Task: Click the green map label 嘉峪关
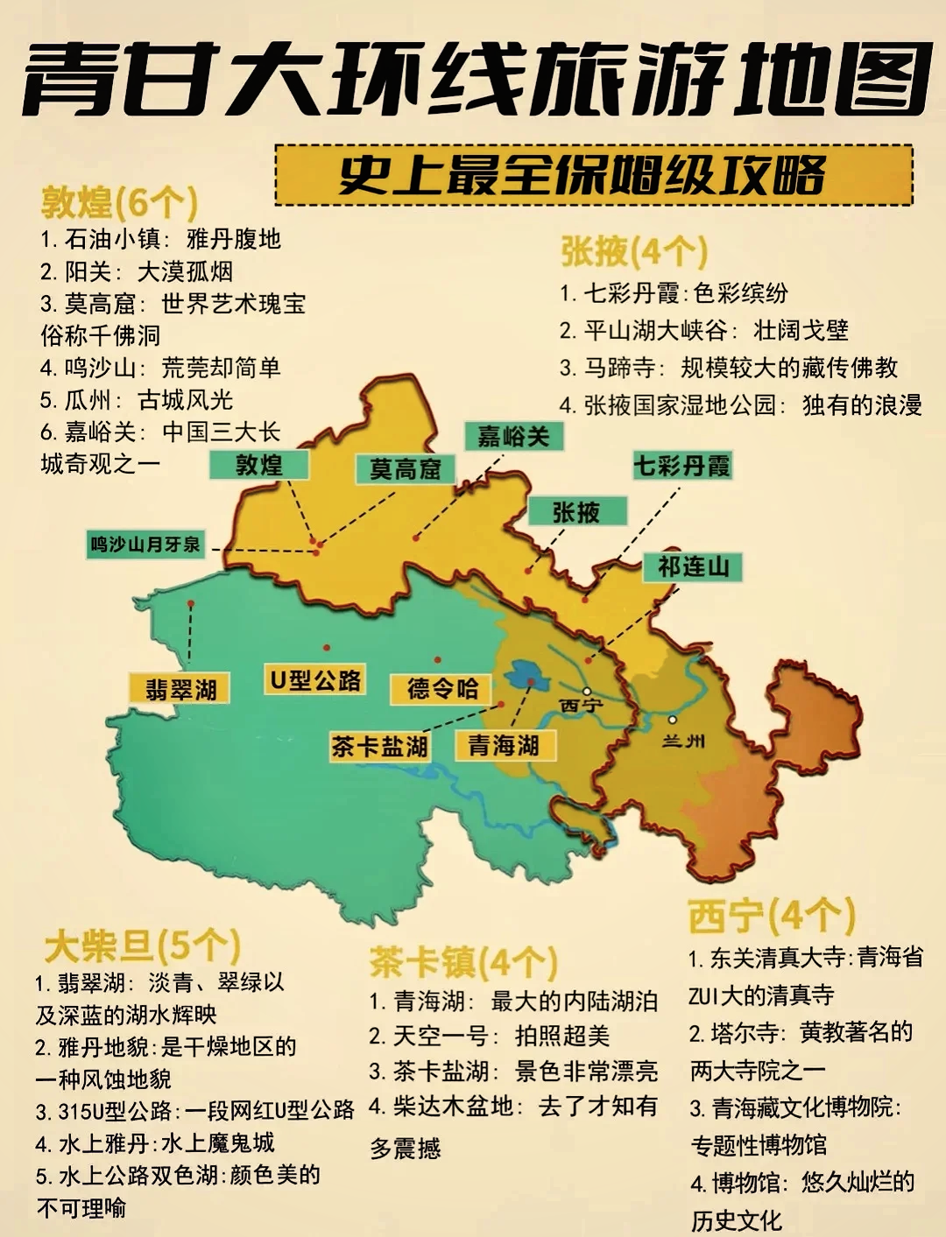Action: (513, 436)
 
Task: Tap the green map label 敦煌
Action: (259, 465)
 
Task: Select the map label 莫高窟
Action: (406, 469)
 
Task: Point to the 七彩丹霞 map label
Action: (681, 466)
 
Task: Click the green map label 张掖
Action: (576, 512)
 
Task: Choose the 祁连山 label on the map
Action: (693, 567)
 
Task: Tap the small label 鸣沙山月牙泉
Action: (145, 545)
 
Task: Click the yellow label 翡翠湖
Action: (180, 690)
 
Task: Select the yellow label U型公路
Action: (315, 680)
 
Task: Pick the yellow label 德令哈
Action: (441, 689)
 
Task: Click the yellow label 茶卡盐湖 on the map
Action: (379, 747)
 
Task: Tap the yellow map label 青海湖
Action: (503, 746)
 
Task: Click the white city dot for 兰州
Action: (672, 720)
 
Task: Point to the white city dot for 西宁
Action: (587, 691)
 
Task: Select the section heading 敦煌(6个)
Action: (119, 203)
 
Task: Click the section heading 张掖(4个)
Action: (633, 252)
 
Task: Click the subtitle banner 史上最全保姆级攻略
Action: (582, 175)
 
